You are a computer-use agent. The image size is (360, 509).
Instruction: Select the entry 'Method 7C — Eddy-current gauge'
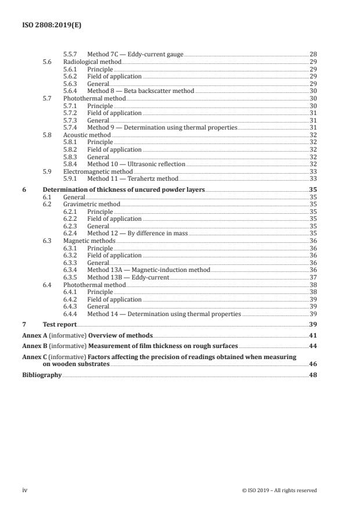pyautogui.click(x=135, y=54)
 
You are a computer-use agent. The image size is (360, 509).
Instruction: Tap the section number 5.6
pyautogui.click(x=48, y=62)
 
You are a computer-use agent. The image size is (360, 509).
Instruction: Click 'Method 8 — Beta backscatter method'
pyautogui.click(x=141, y=91)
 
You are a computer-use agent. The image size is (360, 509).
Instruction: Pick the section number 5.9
pyautogui.click(x=48, y=172)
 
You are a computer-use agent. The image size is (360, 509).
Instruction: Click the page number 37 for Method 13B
pyautogui.click(x=313, y=278)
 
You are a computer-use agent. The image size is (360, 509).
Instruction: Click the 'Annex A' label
pyautogui.click(x=33, y=335)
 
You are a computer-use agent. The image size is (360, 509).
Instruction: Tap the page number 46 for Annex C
pyautogui.click(x=313, y=363)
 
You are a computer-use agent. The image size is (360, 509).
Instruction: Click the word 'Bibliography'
pyautogui.click(x=41, y=375)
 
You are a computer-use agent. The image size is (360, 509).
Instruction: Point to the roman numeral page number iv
pyautogui.click(x=24, y=490)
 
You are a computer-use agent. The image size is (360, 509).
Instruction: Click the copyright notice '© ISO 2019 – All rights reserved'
pyautogui.click(x=279, y=490)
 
